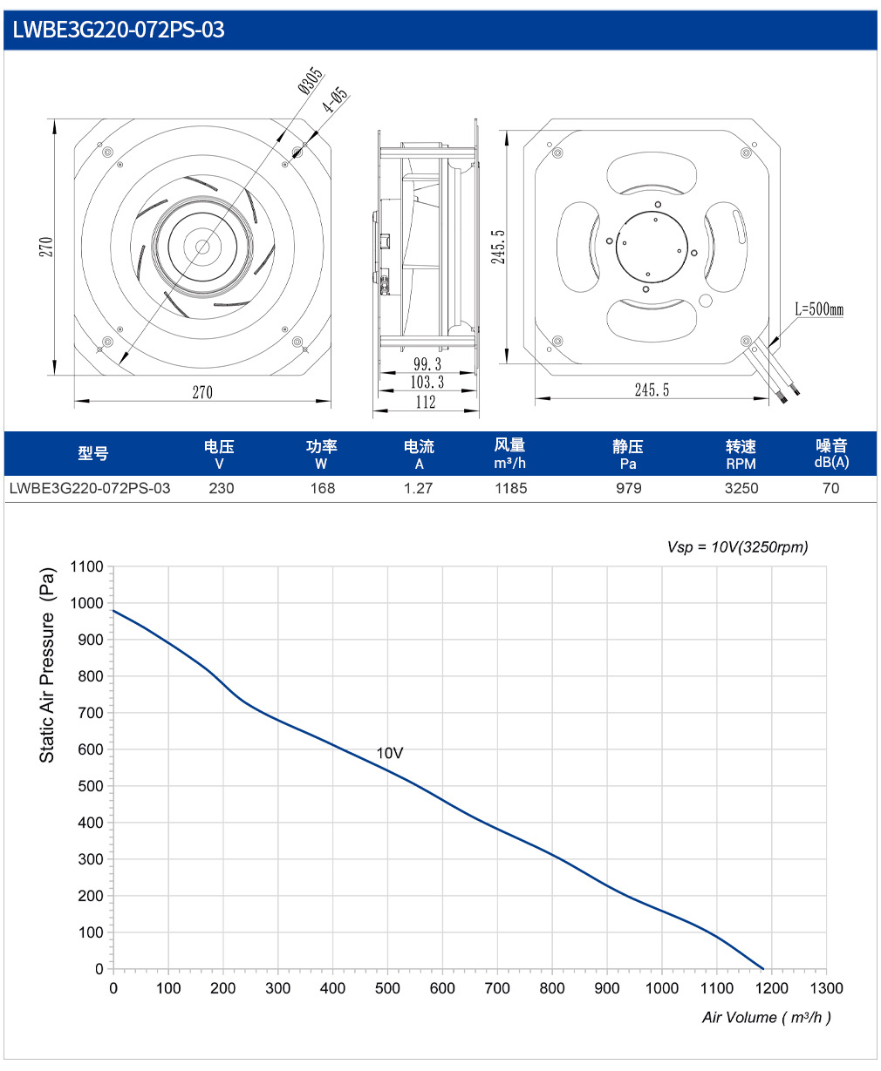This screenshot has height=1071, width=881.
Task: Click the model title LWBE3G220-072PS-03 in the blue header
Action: tap(119, 30)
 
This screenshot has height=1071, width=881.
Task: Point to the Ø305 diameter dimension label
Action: tap(311, 80)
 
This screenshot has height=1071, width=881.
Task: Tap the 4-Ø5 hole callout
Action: tap(335, 99)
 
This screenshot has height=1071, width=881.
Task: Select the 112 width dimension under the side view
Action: tap(426, 403)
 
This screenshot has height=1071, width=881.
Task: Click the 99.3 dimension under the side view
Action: tap(427, 364)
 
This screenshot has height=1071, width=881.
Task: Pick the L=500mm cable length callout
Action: tap(818, 308)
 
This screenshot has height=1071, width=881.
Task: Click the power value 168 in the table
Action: tap(322, 488)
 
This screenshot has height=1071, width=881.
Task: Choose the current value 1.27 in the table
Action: tap(418, 488)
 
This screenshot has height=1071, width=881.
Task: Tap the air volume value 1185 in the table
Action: tap(511, 488)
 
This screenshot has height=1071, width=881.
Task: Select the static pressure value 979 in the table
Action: tap(628, 488)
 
